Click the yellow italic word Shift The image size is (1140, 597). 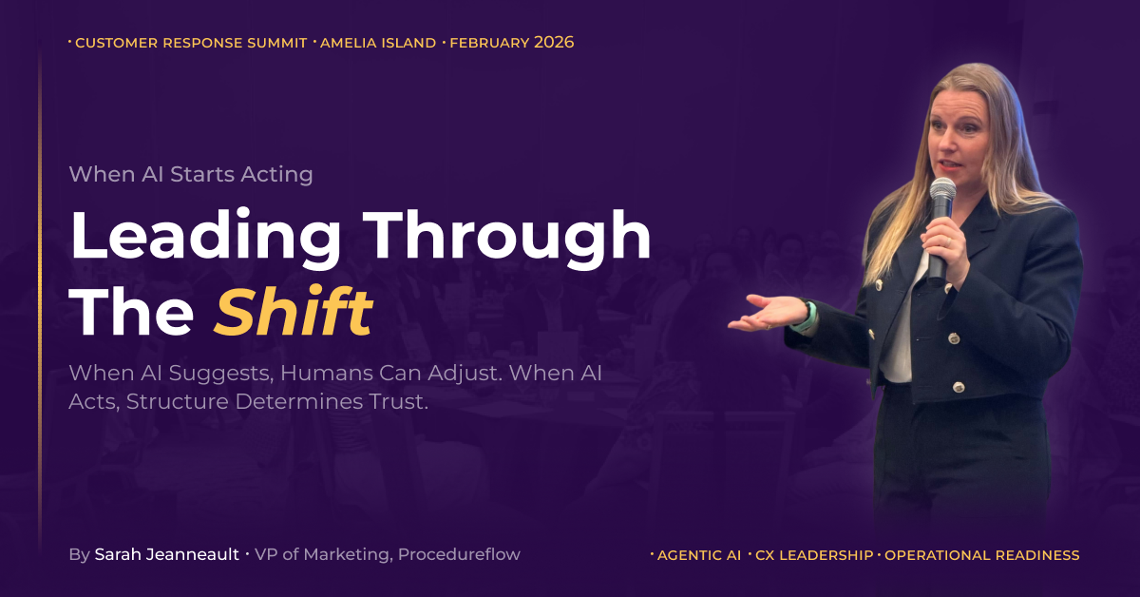point(294,311)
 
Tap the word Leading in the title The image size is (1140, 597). point(205,239)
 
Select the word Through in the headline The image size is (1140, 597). point(507,239)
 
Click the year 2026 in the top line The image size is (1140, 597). point(554,42)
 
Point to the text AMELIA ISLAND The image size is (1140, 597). point(378,43)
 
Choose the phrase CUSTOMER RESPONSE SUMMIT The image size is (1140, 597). point(191,43)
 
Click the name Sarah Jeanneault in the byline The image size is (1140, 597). point(167,554)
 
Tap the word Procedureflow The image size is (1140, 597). point(459,554)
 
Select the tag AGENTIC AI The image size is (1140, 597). point(699,555)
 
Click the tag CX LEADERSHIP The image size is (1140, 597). point(814,555)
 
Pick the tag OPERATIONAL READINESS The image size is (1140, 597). point(981,555)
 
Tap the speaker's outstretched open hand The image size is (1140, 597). point(766,314)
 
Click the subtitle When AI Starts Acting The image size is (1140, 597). point(191,175)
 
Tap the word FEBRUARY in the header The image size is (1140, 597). point(489,43)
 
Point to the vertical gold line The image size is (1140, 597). point(40,296)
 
